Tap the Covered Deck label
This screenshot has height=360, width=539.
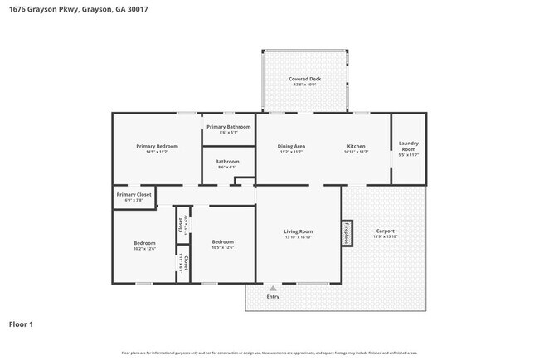[304, 79]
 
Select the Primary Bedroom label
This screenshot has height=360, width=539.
[157, 146]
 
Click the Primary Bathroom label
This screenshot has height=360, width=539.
[228, 127]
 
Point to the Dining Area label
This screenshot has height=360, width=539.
[291, 146]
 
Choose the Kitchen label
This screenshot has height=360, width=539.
[356, 146]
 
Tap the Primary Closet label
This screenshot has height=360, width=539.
[133, 194]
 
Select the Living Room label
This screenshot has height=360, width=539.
[299, 231]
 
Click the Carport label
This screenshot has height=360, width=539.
[385, 231]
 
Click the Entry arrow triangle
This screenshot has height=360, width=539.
[272, 289]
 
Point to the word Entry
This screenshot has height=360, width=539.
[272, 297]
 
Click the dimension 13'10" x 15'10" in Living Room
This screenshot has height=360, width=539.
[299, 236]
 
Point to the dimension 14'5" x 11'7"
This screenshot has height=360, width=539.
[157, 152]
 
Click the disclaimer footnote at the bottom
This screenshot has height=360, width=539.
[269, 353]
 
